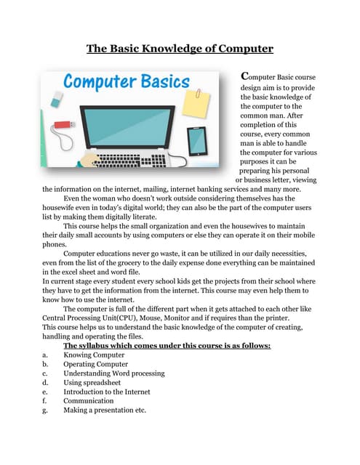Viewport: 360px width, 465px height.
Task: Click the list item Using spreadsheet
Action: click(x=92, y=382)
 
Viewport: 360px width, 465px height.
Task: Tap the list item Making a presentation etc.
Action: click(x=105, y=410)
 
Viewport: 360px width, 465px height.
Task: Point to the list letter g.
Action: click(x=45, y=411)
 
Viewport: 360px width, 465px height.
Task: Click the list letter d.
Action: click(x=45, y=382)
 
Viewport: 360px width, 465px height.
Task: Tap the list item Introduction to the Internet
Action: click(x=107, y=392)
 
